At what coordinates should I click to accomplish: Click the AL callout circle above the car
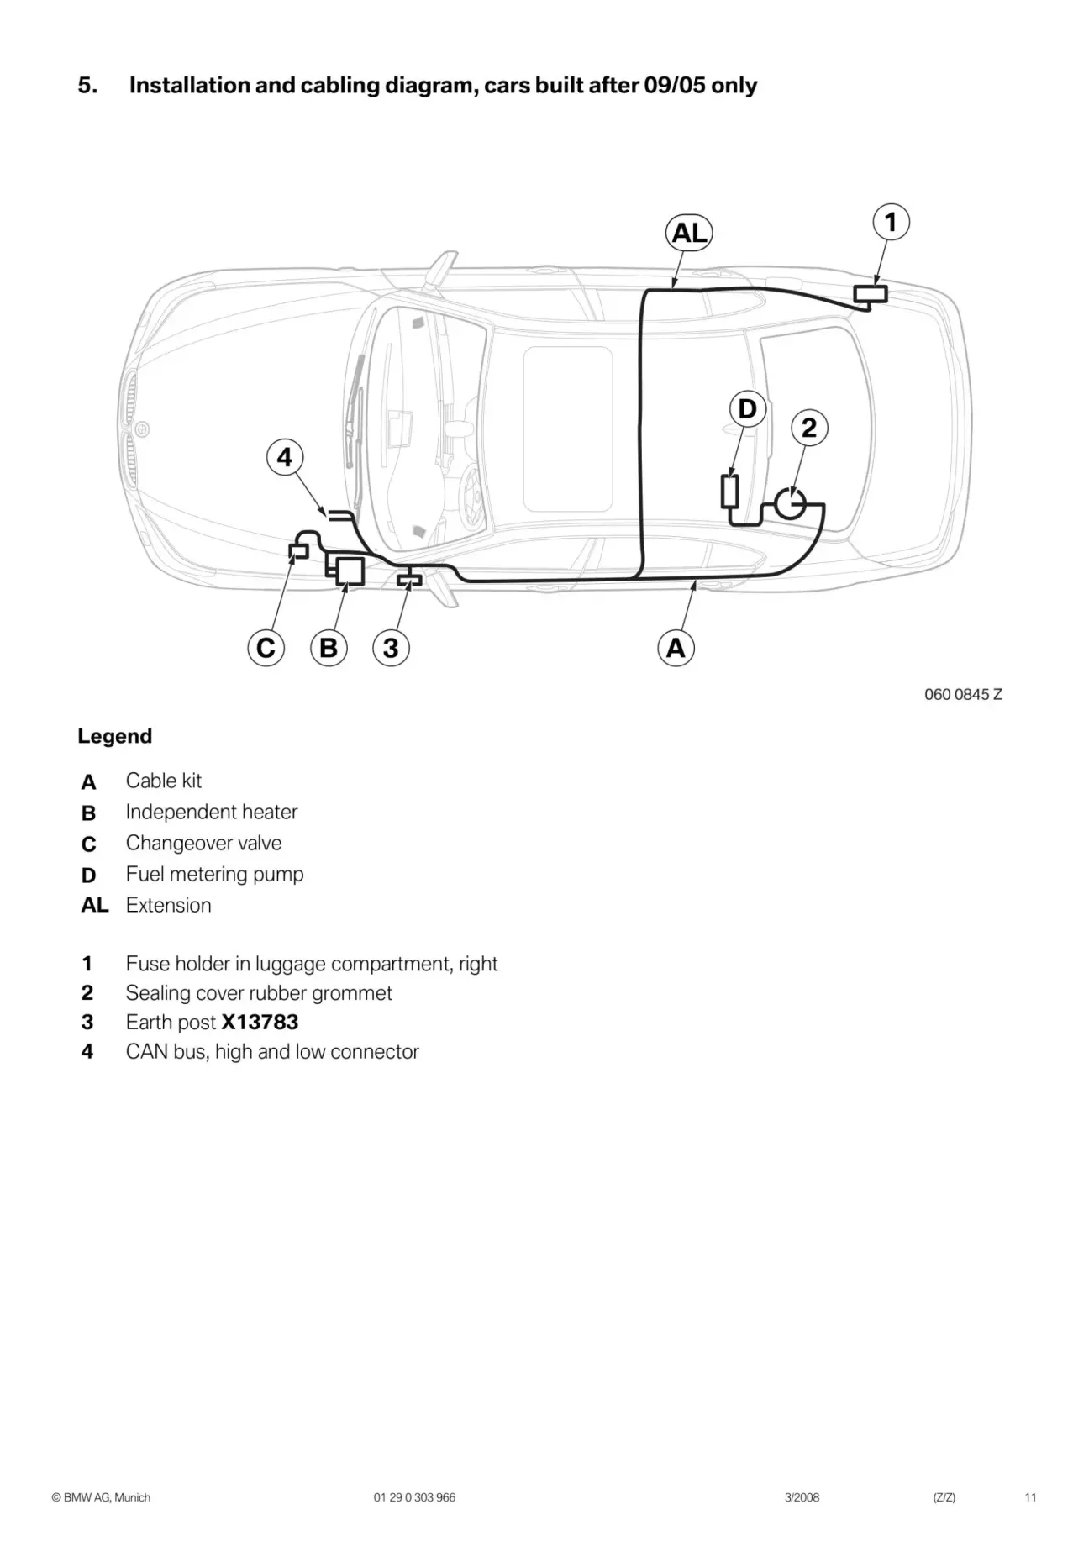tap(689, 233)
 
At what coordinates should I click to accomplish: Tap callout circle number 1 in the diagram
tap(891, 223)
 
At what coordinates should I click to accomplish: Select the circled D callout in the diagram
tap(747, 409)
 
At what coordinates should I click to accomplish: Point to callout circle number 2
tap(809, 428)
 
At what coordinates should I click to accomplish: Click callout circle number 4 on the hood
tap(285, 458)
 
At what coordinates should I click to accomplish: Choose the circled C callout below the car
tap(266, 648)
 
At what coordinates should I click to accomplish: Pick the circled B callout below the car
tap(329, 648)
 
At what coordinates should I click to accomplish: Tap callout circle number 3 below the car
tap(391, 648)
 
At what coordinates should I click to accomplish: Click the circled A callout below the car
tap(676, 648)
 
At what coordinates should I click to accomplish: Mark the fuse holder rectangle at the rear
tap(871, 294)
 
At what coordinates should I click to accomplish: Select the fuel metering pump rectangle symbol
tap(730, 492)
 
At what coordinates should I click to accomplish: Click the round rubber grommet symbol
tap(790, 504)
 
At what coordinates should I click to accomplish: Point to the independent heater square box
tap(350, 571)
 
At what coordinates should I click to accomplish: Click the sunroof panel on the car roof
tap(568, 429)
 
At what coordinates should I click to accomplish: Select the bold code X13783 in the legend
tap(260, 1022)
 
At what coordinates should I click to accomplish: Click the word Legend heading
tap(115, 736)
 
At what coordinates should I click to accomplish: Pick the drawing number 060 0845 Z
tap(963, 694)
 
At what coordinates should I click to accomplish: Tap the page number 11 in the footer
tap(1030, 1497)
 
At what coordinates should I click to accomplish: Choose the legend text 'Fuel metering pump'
tap(214, 874)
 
